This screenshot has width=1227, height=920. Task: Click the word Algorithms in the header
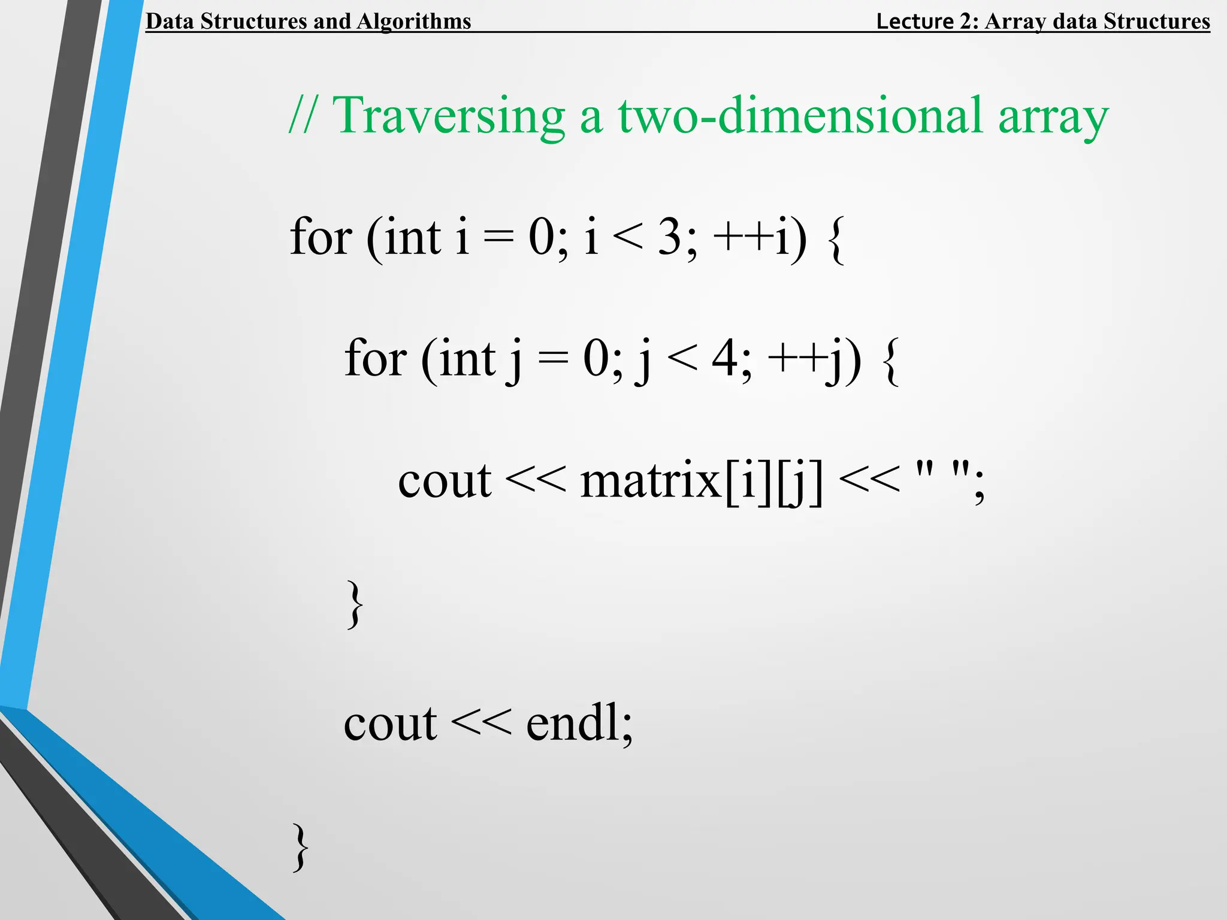pyautogui.click(x=414, y=21)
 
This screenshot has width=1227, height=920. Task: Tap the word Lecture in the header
pyautogui.click(x=914, y=21)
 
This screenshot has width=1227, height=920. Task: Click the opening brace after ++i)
pyautogui.click(x=836, y=238)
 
